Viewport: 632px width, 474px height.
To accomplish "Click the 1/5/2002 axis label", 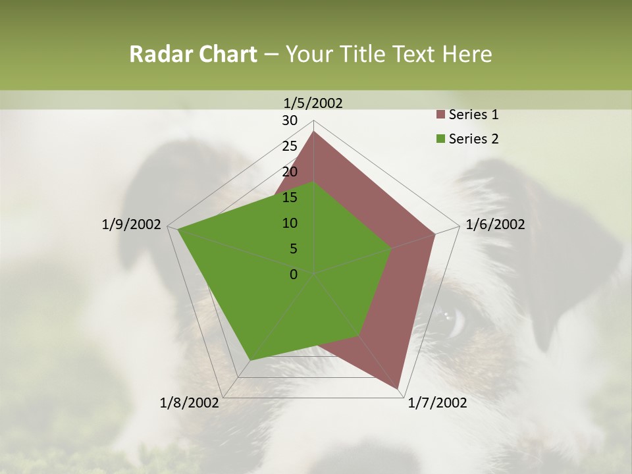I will click(x=313, y=103).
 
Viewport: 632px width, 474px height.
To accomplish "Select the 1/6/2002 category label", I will click(x=495, y=224).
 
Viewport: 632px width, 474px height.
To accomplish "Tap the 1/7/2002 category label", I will click(x=437, y=403).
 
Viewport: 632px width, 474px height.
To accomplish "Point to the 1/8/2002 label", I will click(x=190, y=403).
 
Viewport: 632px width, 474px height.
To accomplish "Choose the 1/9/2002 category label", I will click(x=132, y=224).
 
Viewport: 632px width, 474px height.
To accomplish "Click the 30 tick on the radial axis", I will click(x=290, y=120).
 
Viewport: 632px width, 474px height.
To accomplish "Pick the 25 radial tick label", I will click(x=290, y=146).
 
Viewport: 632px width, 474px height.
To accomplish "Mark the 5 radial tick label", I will click(x=294, y=249).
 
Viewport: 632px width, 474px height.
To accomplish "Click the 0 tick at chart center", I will click(x=294, y=275).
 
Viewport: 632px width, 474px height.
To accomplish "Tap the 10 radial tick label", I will click(x=290, y=223).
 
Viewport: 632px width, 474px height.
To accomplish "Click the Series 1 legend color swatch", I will click(x=440, y=115).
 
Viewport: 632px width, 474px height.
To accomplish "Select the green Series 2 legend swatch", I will click(x=440, y=139).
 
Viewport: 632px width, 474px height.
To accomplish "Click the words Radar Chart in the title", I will click(x=193, y=54).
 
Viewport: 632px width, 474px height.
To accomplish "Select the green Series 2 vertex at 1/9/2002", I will click(x=178, y=230).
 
